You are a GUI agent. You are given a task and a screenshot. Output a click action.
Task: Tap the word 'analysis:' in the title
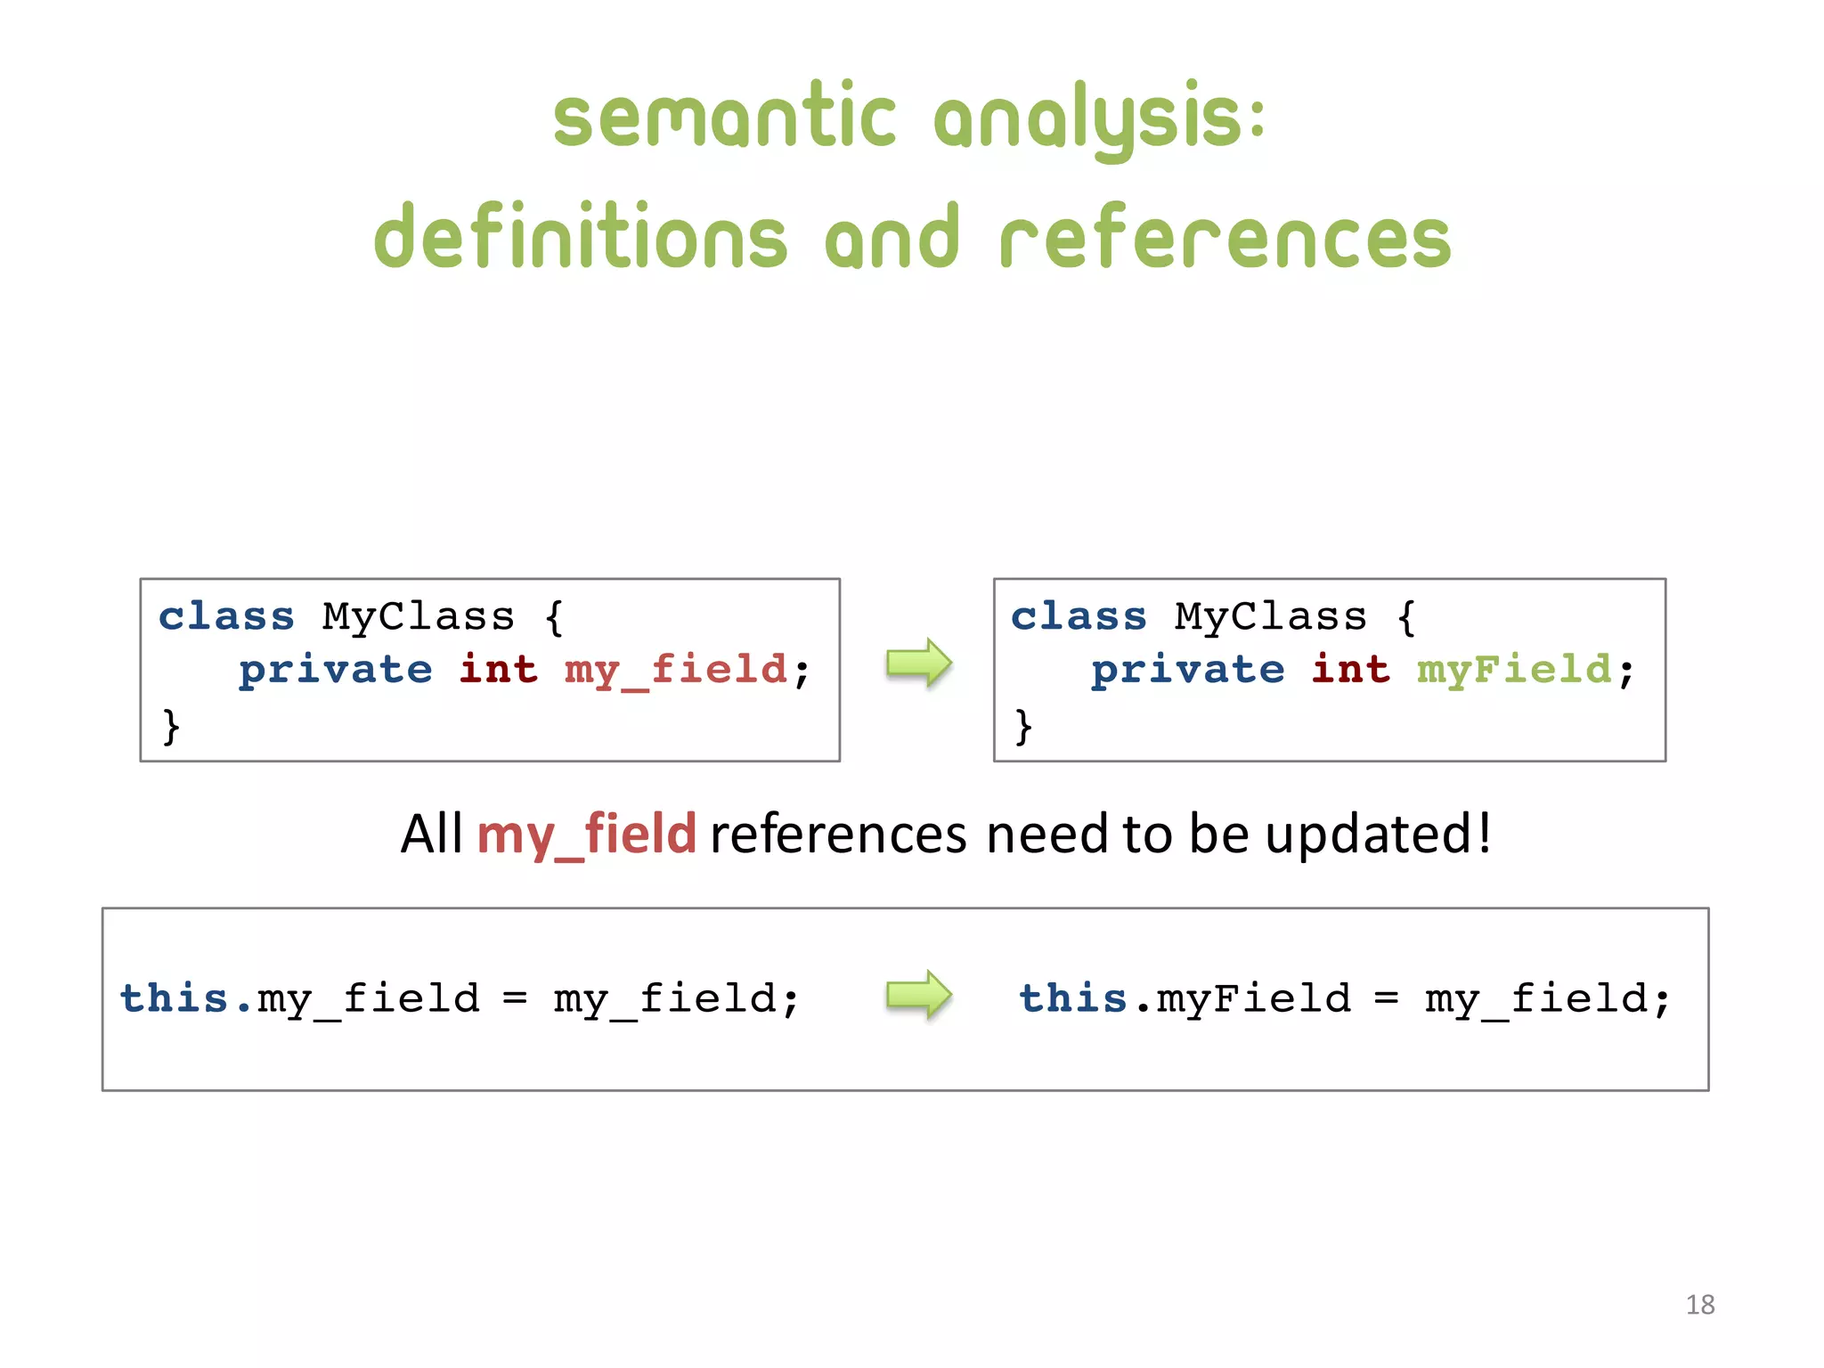[x=1099, y=120]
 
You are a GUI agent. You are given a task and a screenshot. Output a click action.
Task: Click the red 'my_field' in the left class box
[x=676, y=670]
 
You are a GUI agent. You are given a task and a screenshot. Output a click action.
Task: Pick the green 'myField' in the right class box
[x=1514, y=670]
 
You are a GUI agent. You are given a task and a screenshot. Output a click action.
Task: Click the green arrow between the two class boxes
[x=919, y=664]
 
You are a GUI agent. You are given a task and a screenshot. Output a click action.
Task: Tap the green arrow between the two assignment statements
[x=919, y=995]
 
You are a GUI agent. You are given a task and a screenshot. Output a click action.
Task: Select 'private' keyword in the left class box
[x=336, y=670]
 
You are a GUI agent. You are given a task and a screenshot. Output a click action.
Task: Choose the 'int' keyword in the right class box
[x=1350, y=670]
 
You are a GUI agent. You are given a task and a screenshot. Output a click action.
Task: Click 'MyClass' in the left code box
[x=419, y=616]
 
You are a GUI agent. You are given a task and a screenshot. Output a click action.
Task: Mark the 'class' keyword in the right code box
[x=1079, y=616]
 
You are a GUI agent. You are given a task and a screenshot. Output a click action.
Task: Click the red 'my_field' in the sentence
[x=586, y=835]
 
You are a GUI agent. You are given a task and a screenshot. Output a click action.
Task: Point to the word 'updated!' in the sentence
[x=1378, y=835]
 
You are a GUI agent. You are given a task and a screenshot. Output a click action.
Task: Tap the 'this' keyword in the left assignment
[x=175, y=998]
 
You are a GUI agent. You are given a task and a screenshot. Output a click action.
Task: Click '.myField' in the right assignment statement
[x=1244, y=998]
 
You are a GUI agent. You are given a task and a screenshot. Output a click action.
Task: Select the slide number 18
[x=1699, y=1305]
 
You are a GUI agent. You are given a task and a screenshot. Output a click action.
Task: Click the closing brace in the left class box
[x=171, y=725]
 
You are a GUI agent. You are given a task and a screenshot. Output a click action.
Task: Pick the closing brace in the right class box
[x=1023, y=725]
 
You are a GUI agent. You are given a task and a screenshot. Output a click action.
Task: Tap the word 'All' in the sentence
[x=431, y=835]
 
